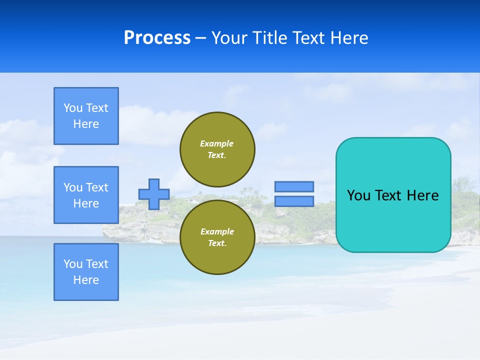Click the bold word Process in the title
point(157,38)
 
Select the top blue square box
point(86,116)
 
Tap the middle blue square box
point(86,195)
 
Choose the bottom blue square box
point(86,272)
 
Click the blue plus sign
point(154,194)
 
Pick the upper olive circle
point(217,149)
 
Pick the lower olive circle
point(217,237)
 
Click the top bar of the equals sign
point(294,186)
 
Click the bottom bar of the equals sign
point(294,201)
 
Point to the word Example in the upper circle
point(216,143)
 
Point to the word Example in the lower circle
point(216,231)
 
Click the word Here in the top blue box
point(86,124)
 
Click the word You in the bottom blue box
point(73,264)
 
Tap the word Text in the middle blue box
point(97,187)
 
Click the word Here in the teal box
point(423,195)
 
